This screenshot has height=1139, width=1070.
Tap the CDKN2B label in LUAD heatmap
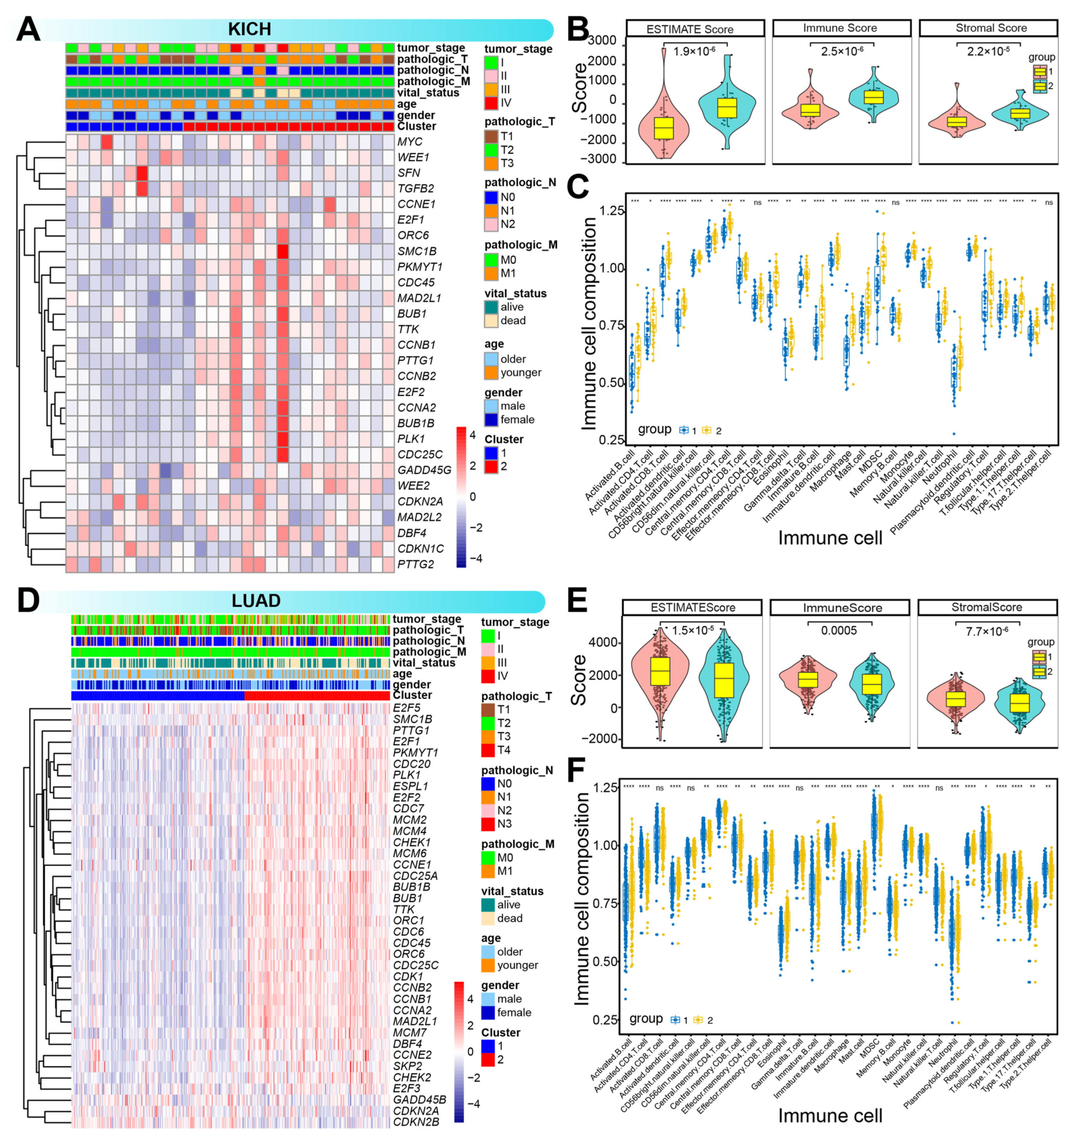(416, 1122)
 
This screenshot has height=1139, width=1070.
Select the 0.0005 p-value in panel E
(839, 631)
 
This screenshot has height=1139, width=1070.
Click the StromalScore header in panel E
(986, 607)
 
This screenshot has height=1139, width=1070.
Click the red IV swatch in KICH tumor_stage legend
(491, 103)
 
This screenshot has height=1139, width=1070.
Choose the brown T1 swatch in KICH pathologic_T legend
(491, 137)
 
